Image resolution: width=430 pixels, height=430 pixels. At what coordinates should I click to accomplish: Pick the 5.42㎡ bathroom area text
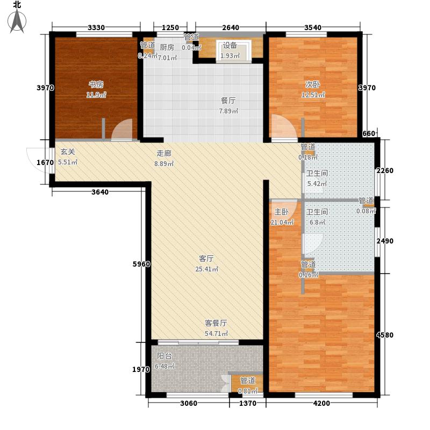pos(316,184)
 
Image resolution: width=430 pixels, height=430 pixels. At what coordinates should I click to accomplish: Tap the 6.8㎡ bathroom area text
pos(317,222)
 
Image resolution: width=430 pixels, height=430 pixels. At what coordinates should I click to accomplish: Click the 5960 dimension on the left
pos(141,264)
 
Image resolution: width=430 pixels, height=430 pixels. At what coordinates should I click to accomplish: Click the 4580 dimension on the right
pos(385,335)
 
